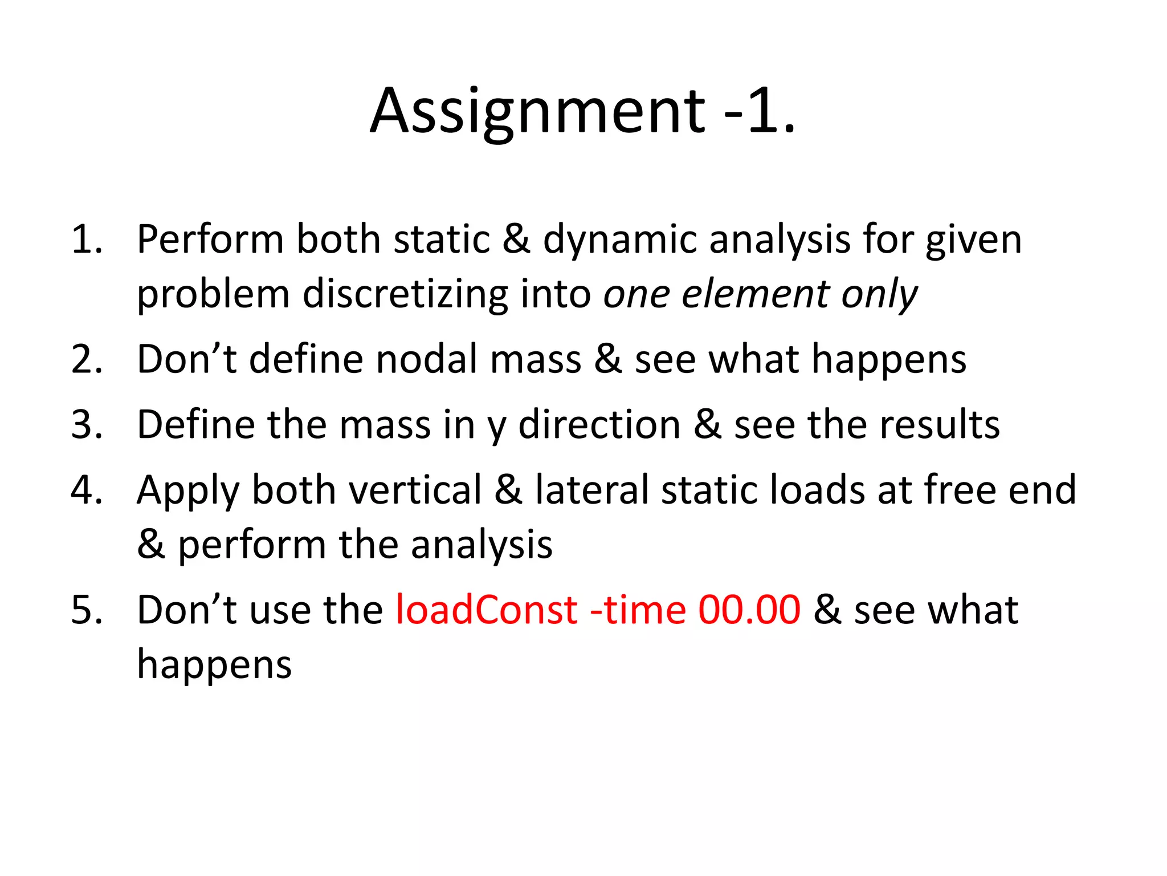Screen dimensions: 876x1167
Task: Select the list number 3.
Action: click(86, 424)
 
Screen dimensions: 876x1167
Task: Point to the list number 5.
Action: click(86, 610)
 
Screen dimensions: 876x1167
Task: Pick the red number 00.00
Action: click(749, 610)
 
